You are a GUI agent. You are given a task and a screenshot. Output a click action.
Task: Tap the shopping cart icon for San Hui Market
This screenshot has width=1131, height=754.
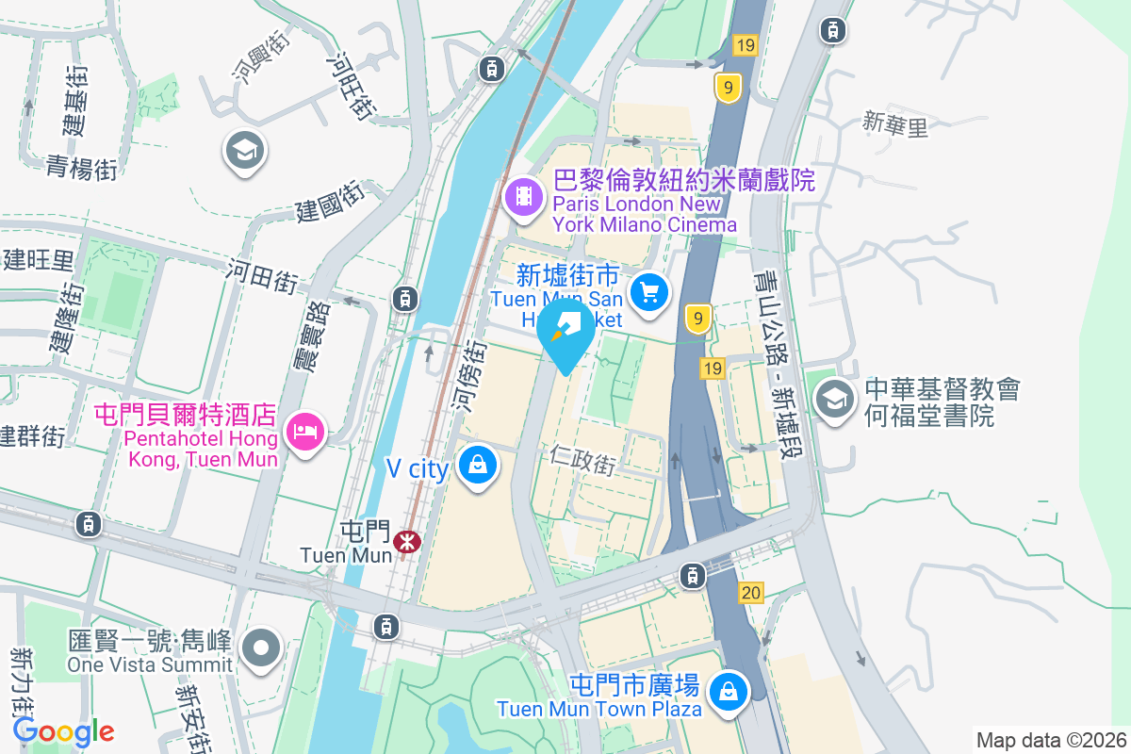coord(648,291)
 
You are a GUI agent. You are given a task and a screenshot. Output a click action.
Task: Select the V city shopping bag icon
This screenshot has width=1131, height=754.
coord(478,464)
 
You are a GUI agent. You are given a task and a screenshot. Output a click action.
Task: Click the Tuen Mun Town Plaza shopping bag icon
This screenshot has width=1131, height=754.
coord(729,692)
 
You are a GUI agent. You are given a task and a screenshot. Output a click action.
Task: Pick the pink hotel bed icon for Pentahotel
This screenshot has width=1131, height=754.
coord(305,432)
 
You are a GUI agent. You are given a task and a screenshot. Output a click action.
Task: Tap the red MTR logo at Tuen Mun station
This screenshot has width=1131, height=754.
coord(409,541)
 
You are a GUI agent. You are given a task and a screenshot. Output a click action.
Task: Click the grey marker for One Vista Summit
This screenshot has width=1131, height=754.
coord(261,647)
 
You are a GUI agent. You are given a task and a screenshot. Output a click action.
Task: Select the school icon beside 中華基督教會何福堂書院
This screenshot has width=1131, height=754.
coord(834,400)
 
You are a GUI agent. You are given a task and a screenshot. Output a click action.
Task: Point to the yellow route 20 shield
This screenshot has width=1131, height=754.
coord(751,593)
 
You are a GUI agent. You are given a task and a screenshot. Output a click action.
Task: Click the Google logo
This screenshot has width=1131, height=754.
coord(64,731)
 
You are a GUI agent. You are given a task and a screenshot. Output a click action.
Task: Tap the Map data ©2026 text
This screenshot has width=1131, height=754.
coord(1050,740)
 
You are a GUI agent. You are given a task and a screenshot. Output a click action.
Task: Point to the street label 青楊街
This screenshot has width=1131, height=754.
coord(82,168)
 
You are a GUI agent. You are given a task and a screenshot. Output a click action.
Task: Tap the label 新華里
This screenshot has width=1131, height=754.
coord(895,124)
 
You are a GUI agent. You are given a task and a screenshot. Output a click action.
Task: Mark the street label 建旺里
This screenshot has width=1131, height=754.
coord(38,259)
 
